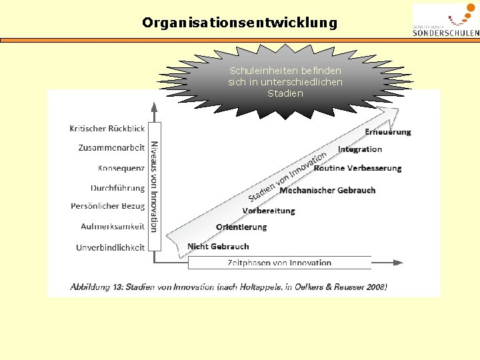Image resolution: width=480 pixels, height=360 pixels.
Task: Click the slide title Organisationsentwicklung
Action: click(240, 23)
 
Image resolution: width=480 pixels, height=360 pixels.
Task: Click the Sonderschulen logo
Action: click(445, 21)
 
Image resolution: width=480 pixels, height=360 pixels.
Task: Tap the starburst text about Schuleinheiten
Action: click(285, 82)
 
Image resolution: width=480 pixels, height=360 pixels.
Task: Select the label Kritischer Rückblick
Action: click(107, 129)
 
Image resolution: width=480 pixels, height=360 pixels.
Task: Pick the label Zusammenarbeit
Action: click(111, 148)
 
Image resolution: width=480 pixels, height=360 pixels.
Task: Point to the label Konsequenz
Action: click(121, 168)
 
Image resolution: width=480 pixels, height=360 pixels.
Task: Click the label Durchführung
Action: click(117, 188)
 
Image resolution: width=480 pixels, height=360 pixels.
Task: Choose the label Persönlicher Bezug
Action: click(107, 207)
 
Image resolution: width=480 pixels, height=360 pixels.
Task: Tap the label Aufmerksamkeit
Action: click(113, 227)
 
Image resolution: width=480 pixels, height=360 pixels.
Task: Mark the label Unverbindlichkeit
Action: click(110, 247)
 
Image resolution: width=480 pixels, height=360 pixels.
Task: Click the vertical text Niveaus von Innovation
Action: click(154, 186)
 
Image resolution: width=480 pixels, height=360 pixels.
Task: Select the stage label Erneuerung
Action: click(387, 132)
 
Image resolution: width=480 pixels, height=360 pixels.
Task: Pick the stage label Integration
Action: click(360, 149)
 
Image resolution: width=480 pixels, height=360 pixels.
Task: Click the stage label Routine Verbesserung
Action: click(357, 168)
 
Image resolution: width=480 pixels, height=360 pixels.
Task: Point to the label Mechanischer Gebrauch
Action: click(327, 191)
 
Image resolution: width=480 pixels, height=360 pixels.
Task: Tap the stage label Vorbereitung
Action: click(269, 211)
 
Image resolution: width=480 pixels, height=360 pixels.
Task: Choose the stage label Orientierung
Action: click(241, 227)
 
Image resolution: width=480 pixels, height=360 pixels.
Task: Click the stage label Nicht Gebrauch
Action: click(218, 247)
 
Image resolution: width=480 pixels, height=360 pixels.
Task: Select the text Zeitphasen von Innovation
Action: click(279, 263)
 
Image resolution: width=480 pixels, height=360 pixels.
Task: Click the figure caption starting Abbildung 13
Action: click(229, 287)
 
